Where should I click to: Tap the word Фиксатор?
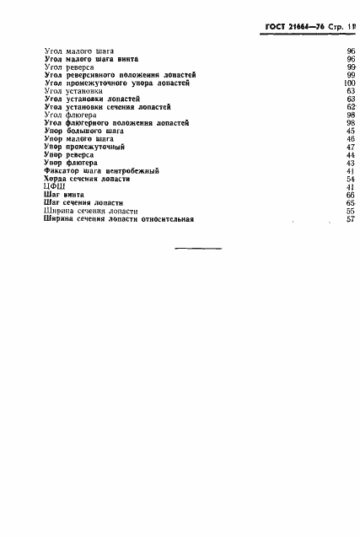click(60, 171)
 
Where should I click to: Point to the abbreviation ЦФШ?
click(52, 187)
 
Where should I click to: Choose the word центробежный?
click(128, 171)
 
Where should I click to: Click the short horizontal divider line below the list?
click(197, 248)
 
